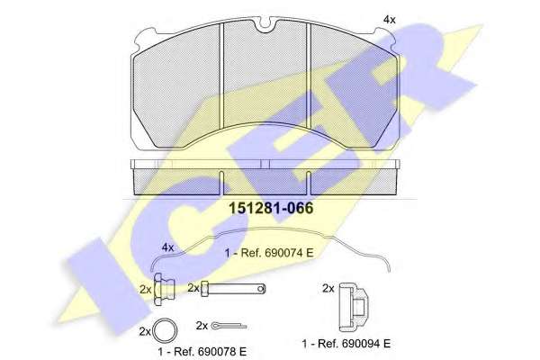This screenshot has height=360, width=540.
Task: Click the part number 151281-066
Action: coord(272,208)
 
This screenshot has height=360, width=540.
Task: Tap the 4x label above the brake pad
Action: coord(390,20)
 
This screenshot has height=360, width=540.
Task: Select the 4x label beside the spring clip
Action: coord(167,247)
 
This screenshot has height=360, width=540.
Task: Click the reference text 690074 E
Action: coord(289,253)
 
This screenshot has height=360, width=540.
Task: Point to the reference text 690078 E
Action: coord(222,351)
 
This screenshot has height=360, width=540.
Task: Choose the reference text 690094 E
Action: coord(366,344)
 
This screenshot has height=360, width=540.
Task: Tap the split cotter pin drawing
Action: coord(229,325)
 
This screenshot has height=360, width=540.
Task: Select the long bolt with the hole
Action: coord(233,289)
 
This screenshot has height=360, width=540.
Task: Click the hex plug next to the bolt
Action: coord(164,290)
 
